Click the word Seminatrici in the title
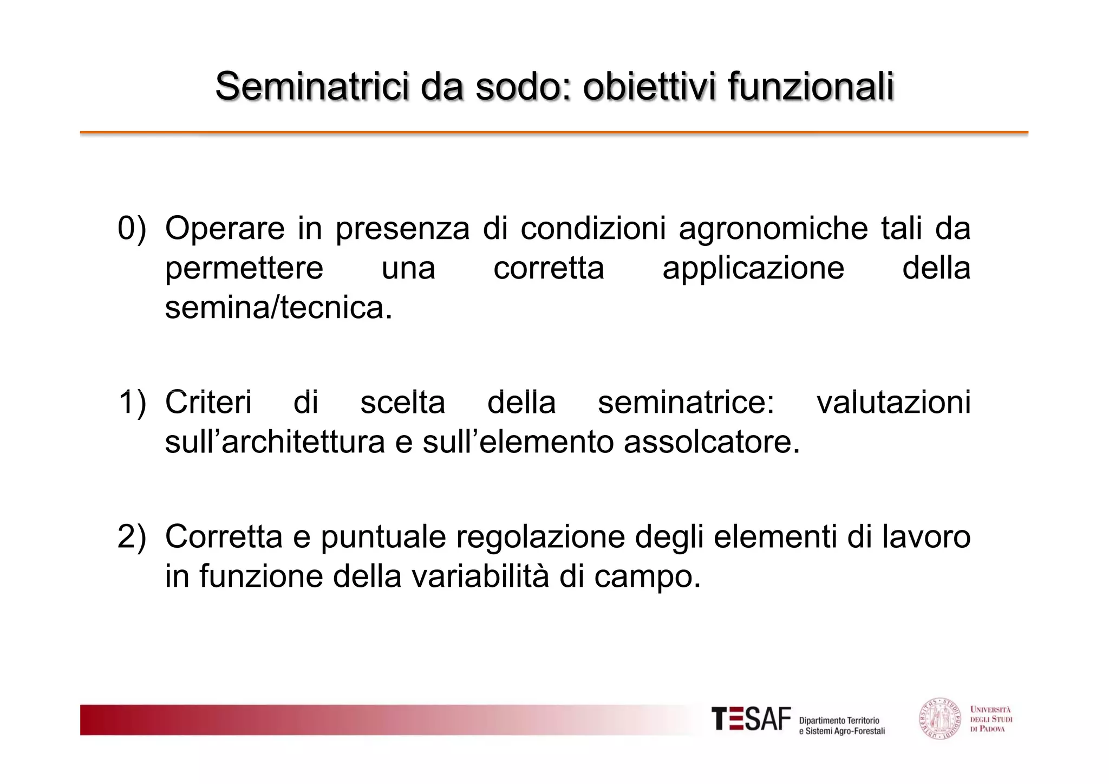(x=311, y=86)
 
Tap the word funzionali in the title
(x=810, y=86)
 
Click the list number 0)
(x=132, y=228)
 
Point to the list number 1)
(x=132, y=403)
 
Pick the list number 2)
(x=132, y=536)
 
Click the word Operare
(x=224, y=228)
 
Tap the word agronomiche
(x=773, y=229)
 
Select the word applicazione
(x=753, y=269)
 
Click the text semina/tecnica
(x=278, y=308)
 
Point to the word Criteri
(x=208, y=403)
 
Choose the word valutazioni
(x=893, y=403)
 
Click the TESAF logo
(x=751, y=720)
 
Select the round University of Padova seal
(x=941, y=719)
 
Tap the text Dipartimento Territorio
(x=839, y=721)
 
